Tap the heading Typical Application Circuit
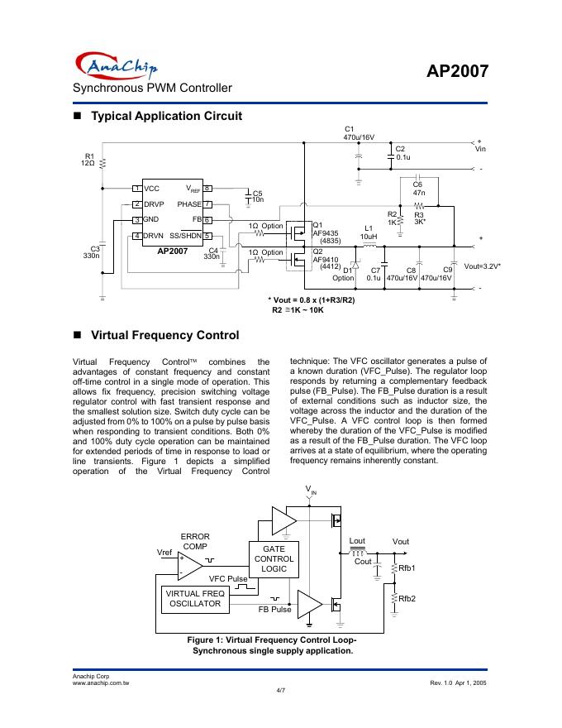pos(165,116)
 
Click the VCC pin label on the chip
pos(152,189)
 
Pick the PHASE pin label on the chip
pos(189,204)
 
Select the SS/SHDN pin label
pos(186,236)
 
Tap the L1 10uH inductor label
pos(369,232)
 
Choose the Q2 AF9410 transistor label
pos(325,258)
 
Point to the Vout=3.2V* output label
pos(483,267)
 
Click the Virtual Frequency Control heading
pos(164,335)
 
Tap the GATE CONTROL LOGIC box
pos(274,558)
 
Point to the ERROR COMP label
pos(195,541)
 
